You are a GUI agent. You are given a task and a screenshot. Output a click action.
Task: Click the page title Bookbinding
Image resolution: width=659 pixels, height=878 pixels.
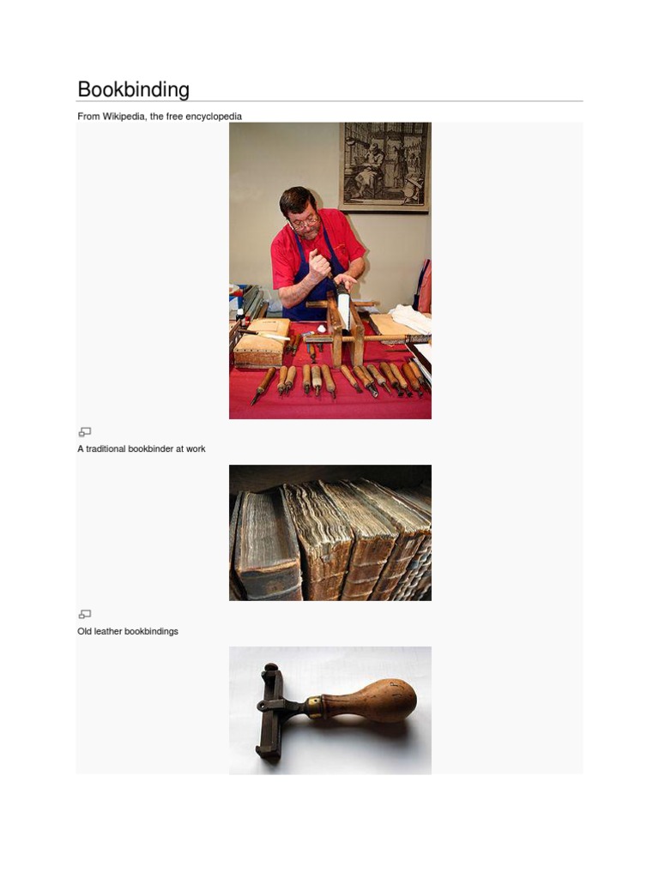pyautogui.click(x=133, y=89)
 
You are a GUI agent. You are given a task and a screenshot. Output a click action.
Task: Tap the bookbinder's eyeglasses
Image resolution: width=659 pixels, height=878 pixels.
pyautogui.click(x=305, y=222)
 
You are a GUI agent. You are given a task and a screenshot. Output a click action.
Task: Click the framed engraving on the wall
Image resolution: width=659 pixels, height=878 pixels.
pyautogui.click(x=385, y=167)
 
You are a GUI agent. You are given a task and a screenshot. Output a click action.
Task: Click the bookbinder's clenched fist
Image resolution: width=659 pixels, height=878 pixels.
pyautogui.click(x=319, y=266)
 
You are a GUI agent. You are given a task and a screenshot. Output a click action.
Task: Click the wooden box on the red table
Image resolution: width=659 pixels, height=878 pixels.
pyautogui.click(x=262, y=342)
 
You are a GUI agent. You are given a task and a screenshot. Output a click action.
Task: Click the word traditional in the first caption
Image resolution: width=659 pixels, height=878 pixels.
pyautogui.click(x=106, y=449)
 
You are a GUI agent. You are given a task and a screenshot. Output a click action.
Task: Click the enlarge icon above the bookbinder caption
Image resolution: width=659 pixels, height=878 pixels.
pyautogui.click(x=85, y=432)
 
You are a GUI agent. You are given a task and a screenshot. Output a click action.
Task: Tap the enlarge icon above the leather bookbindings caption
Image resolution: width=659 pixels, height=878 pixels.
pyautogui.click(x=85, y=614)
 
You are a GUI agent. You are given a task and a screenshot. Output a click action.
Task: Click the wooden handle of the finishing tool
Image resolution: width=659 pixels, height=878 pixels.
pyautogui.click(x=370, y=702)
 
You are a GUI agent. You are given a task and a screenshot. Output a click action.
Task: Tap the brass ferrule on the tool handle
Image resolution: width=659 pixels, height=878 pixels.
pyautogui.click(x=314, y=707)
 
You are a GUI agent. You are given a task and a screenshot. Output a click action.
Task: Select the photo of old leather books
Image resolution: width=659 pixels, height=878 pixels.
pyautogui.click(x=330, y=532)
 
